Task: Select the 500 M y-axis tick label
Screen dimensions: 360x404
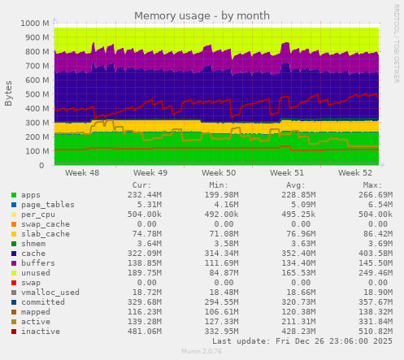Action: [x=36, y=94]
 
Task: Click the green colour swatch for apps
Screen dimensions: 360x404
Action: [x=13, y=196]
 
